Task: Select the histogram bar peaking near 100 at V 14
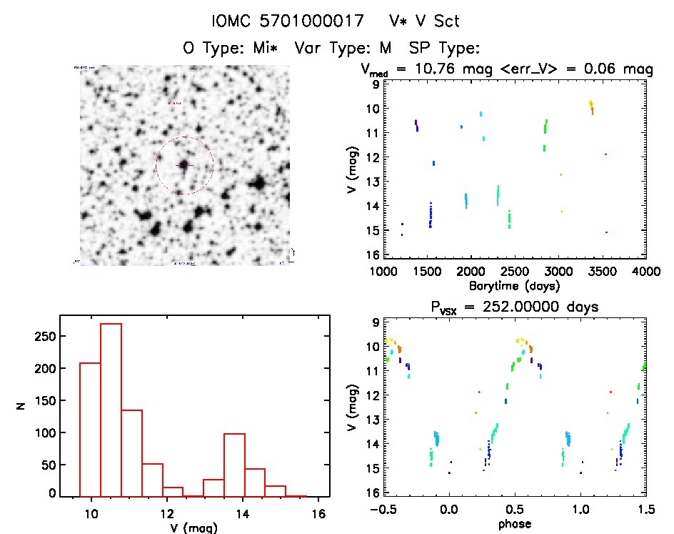click(x=234, y=464)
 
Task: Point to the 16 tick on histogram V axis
click(x=318, y=513)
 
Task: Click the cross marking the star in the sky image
click(x=183, y=165)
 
